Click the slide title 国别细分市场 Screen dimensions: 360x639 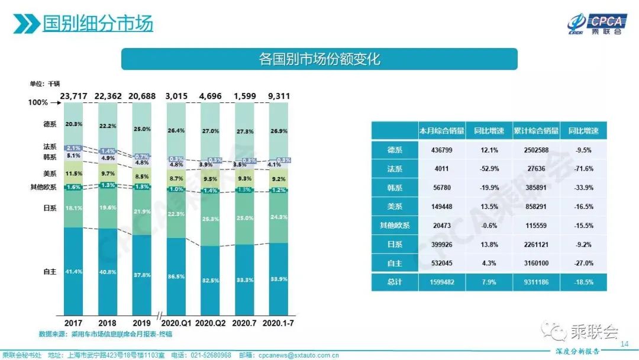pyautogui.click(x=98, y=23)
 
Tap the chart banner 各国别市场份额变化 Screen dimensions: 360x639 pyautogui.click(x=319, y=59)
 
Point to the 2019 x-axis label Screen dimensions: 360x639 pyautogui.click(x=141, y=323)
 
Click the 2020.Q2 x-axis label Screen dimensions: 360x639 pyautogui.click(x=210, y=323)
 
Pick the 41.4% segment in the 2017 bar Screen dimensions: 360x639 pyautogui.click(x=73, y=271)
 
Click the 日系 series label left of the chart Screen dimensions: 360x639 pyautogui.click(x=49, y=208)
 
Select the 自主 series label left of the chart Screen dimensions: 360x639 pyautogui.click(x=49, y=271)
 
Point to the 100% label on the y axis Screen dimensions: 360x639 pyautogui.click(x=38, y=102)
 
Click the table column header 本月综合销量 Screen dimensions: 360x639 pyautogui.click(x=441, y=131)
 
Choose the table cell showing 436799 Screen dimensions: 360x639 pyautogui.click(x=441, y=150)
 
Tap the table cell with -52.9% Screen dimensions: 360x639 pyautogui.click(x=489, y=169)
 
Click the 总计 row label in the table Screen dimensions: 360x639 pyautogui.click(x=395, y=282)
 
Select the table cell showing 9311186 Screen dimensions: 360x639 pyautogui.click(x=536, y=282)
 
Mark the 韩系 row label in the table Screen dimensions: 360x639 pyautogui.click(x=395, y=188)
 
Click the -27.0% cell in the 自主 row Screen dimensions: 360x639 pyautogui.click(x=583, y=263)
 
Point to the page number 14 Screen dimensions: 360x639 pyautogui.click(x=624, y=344)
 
